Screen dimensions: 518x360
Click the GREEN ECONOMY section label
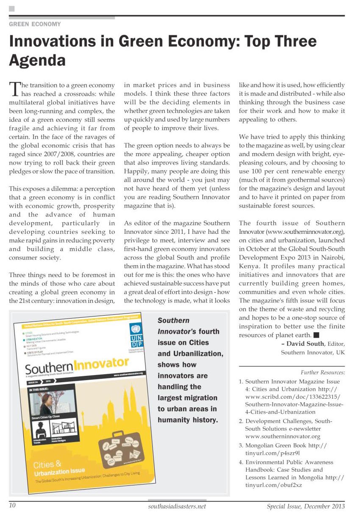(x=35, y=24)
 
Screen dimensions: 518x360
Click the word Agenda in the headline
(x=37, y=60)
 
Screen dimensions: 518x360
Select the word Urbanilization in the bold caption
(x=190, y=353)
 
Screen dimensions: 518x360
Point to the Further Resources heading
(x=323, y=372)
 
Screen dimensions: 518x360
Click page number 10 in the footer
(x=12, y=506)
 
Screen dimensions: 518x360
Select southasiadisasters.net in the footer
(x=177, y=506)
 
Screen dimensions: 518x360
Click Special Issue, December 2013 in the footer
(x=305, y=506)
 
